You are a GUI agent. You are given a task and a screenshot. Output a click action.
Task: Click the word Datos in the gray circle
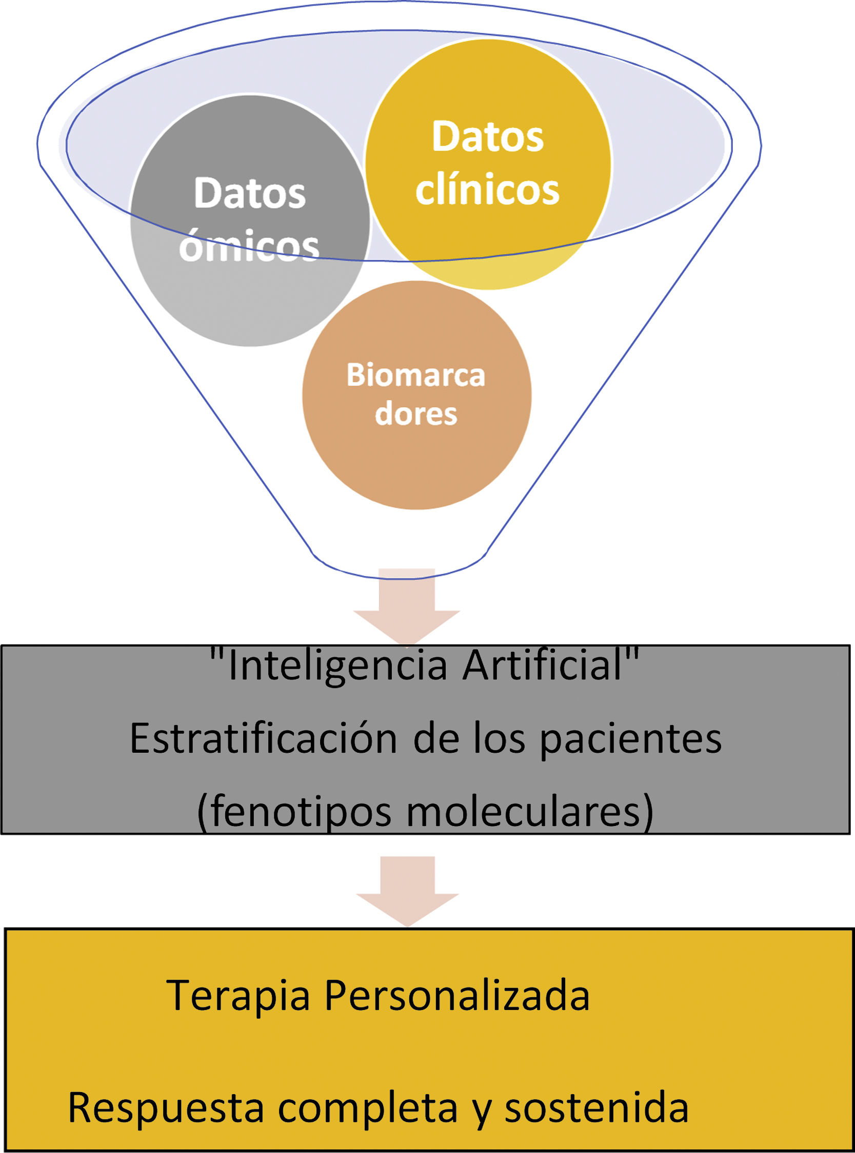[249, 193]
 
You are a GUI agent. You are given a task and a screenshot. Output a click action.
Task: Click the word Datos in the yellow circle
[488, 137]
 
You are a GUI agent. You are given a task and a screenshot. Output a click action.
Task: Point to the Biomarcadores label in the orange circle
[416, 395]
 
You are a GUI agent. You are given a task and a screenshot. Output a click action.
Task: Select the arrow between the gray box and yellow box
[408, 890]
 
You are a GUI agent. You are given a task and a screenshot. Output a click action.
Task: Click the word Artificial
[544, 666]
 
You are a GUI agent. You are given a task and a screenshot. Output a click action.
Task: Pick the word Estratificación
[263, 738]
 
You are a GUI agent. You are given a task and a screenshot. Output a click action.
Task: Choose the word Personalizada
[456, 995]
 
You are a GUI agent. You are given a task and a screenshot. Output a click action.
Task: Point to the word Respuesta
[166, 1107]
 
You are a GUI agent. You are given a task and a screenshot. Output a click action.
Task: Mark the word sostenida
[596, 1107]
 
